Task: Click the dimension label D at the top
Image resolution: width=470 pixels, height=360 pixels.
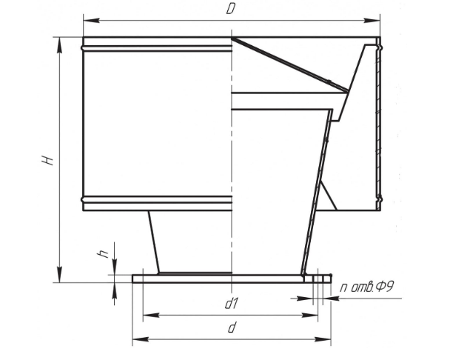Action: click(x=230, y=9)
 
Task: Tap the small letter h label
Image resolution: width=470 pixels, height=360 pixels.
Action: click(x=103, y=254)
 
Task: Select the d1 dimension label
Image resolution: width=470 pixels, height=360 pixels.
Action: click(x=231, y=304)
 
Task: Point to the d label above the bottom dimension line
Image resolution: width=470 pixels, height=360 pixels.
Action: click(x=232, y=327)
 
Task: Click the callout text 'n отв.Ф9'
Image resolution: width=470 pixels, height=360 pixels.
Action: click(x=366, y=287)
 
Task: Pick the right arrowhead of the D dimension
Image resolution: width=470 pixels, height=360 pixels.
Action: click(x=372, y=21)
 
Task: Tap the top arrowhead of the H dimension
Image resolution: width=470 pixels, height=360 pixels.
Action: click(x=60, y=46)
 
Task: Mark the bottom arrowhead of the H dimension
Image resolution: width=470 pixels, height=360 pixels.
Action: click(x=60, y=274)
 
